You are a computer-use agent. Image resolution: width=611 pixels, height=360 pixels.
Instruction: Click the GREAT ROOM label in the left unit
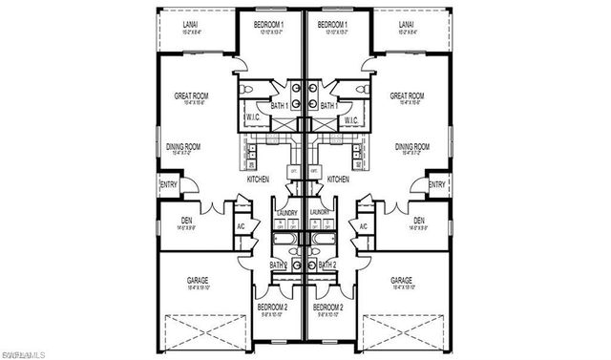point(192,95)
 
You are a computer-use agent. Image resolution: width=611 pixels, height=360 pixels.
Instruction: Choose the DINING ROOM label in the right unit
point(411,146)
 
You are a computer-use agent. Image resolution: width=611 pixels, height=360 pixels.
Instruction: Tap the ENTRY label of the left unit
point(168,185)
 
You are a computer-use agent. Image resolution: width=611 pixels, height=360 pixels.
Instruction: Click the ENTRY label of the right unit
point(437,185)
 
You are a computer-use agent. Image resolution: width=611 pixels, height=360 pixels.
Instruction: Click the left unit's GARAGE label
point(198,280)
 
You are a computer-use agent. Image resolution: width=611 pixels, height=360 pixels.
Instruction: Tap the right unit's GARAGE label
point(402,280)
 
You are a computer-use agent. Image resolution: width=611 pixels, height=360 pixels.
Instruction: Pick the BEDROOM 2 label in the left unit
point(272,307)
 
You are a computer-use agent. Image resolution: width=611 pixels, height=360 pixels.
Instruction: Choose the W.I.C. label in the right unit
point(349,120)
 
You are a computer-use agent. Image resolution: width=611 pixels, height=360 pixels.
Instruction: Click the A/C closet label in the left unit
point(241,225)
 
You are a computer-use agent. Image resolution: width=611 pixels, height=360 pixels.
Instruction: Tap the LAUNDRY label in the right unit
point(320,212)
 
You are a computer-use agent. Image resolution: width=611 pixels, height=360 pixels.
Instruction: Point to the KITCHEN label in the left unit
point(259,179)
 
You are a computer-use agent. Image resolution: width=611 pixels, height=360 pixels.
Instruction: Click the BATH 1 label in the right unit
point(329,105)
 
